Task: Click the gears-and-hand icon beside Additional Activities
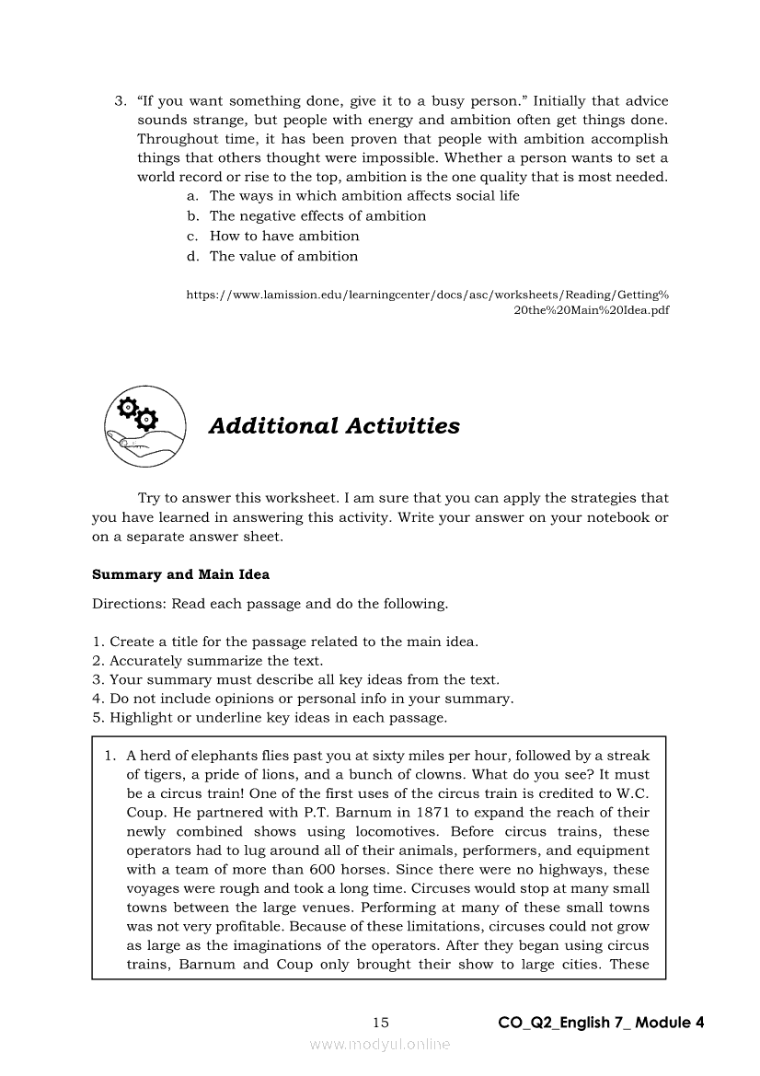(144, 425)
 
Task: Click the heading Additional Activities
(334, 426)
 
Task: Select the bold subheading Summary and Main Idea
(181, 574)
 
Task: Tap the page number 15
(381, 1023)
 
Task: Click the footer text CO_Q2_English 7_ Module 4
(601, 1023)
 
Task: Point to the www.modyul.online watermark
(380, 1044)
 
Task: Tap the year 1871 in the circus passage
(435, 813)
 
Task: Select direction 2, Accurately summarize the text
(207, 661)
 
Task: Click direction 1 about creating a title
(285, 642)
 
